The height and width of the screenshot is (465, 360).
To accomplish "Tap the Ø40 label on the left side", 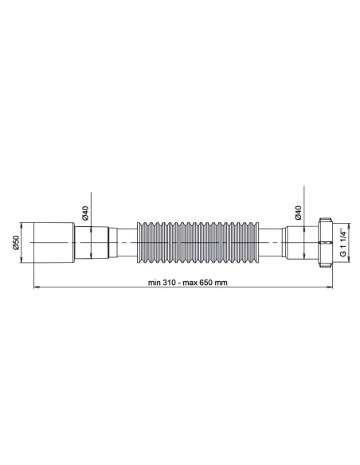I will coord(84,213).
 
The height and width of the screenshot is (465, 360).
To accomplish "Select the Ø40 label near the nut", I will coord(298,213).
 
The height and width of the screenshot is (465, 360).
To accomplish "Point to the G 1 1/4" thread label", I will coord(342,241).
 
